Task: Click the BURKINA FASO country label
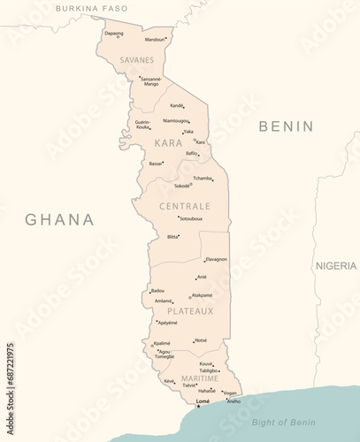pos(91,8)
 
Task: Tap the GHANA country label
pos(59,220)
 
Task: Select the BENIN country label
pos(286,126)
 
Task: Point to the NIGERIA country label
pos(337,265)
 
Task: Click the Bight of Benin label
pos(284,423)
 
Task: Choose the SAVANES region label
pos(136,60)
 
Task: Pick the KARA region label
pos(168,142)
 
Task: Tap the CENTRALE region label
pos(184,205)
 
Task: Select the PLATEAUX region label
pos(190,311)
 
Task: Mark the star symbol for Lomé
pos(198,407)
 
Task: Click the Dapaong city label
pos(113,33)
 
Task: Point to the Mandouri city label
pos(155,39)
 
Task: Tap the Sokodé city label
pos(181,186)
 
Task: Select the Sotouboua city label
pos(191,218)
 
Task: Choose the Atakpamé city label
pos(202,295)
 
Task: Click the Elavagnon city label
pos(216,259)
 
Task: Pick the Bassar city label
pos(156,164)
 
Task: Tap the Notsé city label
pos(201,339)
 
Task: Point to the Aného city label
pos(233,401)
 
